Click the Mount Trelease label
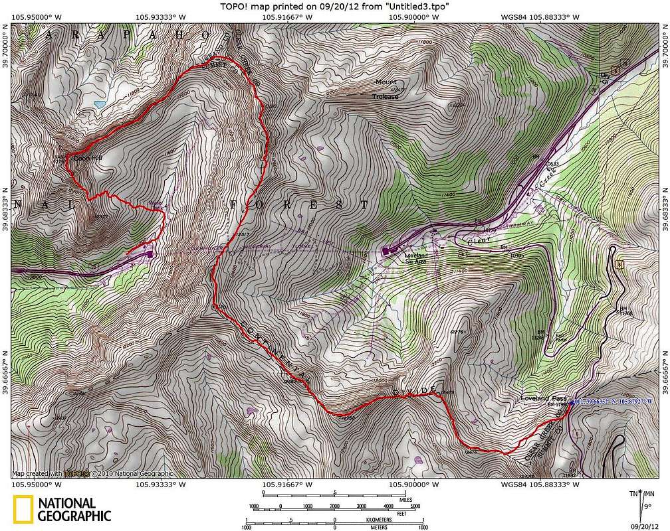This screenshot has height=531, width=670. [386, 90]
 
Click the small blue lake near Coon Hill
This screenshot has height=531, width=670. [99, 104]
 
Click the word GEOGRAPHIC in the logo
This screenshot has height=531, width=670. [74, 516]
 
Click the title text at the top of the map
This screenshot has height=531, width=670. [334, 7]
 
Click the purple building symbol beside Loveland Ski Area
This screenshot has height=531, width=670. [388, 251]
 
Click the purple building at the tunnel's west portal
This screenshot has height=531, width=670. [150, 253]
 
